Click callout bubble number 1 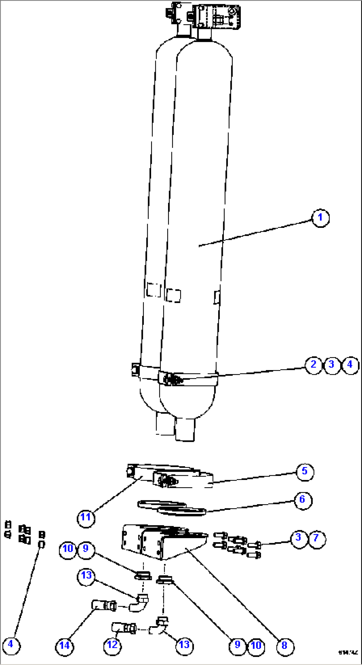click(x=320, y=218)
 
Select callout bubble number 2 click(x=314, y=365)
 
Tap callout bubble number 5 click(x=305, y=471)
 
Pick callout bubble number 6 click(x=302, y=500)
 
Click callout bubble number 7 click(x=317, y=537)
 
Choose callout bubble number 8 click(x=285, y=645)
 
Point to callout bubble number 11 click(x=86, y=517)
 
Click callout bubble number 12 click(x=112, y=645)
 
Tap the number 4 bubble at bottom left click(x=11, y=645)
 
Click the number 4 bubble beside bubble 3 click(x=350, y=365)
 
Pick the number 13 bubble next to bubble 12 click(x=184, y=645)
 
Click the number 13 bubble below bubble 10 click(x=86, y=576)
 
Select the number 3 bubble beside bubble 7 click(x=299, y=537)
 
